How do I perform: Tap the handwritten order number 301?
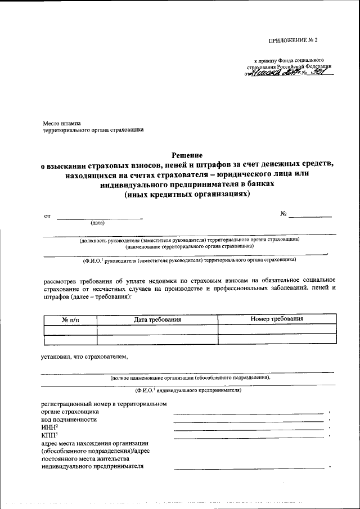tap(318, 72)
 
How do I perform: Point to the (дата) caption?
tap(99, 223)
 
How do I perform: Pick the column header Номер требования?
tap(277, 319)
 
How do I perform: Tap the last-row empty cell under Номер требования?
tap(277, 339)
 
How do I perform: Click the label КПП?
tap(49, 436)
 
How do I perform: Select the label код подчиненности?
tap(69, 420)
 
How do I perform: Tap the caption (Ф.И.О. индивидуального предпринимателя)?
tap(188, 390)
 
